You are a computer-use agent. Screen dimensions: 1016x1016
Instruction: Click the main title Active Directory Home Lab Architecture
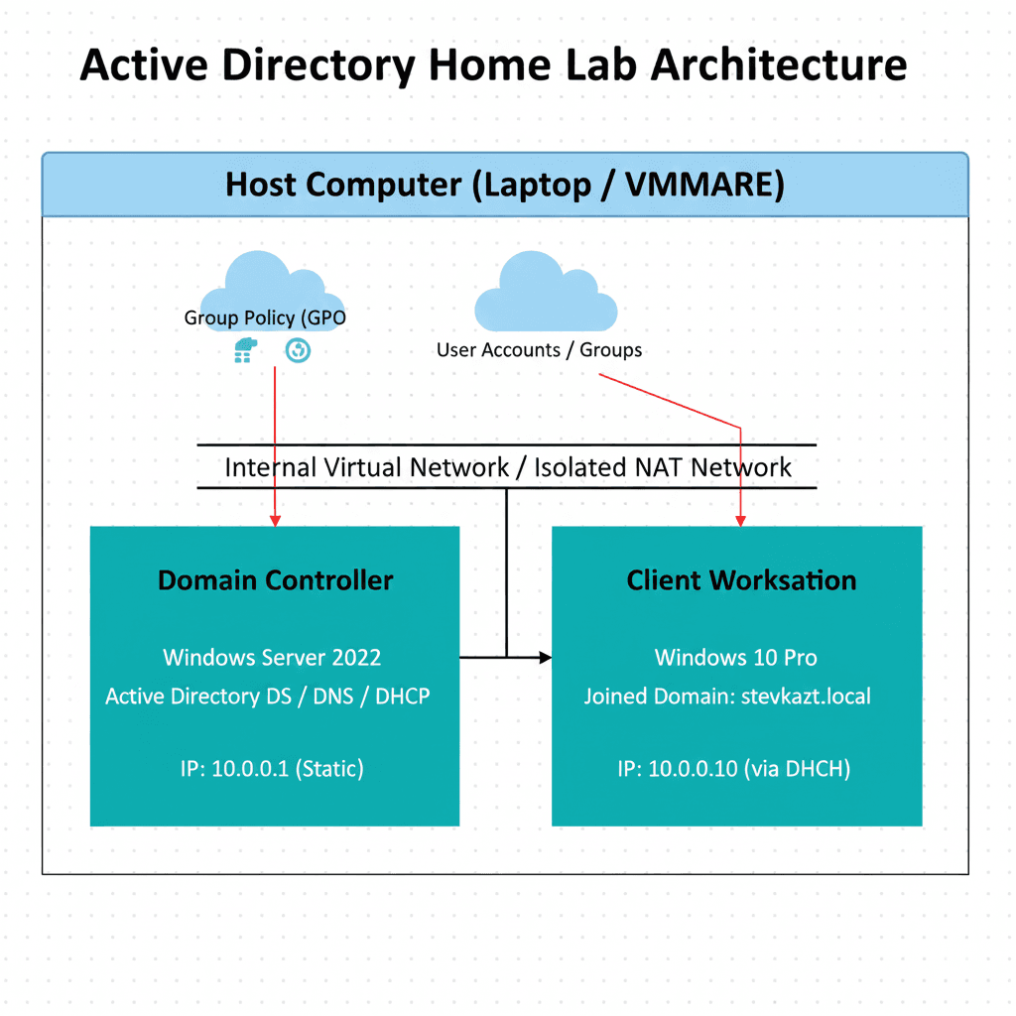(x=493, y=65)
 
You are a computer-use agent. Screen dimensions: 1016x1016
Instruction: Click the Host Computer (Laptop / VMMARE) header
(x=505, y=185)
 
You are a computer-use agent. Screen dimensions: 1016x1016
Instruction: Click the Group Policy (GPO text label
(x=265, y=318)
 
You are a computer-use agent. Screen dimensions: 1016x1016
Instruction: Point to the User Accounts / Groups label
(x=539, y=350)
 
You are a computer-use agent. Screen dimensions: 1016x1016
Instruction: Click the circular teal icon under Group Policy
(x=298, y=350)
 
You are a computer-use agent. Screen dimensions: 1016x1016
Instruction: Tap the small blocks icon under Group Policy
(x=244, y=350)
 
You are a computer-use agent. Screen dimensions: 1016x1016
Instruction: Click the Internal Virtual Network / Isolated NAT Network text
(x=508, y=467)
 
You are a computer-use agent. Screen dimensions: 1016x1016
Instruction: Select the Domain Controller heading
(x=275, y=580)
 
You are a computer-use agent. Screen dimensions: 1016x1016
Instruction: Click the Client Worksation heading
(x=740, y=580)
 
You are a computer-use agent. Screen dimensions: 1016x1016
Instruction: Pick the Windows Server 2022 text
(x=272, y=657)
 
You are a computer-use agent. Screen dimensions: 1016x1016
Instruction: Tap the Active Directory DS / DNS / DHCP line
(x=268, y=697)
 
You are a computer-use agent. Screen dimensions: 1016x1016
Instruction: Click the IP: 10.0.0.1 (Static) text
(x=274, y=768)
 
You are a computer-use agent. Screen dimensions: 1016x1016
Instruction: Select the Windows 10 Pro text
(x=736, y=657)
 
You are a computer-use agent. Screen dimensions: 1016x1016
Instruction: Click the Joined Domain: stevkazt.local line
(x=727, y=697)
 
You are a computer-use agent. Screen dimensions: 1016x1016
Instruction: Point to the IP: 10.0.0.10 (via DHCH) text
(x=734, y=768)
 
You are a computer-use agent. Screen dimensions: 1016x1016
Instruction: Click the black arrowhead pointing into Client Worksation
(x=545, y=657)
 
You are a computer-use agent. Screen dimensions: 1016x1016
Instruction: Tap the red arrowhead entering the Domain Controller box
(x=275, y=520)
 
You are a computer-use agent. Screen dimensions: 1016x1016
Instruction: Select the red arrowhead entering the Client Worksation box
(x=740, y=520)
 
